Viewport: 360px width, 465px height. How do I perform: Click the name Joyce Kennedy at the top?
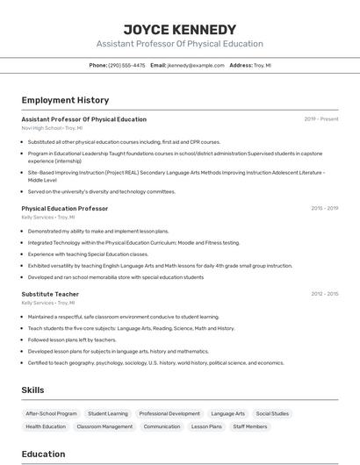[x=179, y=29]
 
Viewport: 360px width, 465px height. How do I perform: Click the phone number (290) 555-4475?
[x=126, y=65]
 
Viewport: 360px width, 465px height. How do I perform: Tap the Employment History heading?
[x=65, y=100]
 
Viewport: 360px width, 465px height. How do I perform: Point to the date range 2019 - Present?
[x=321, y=119]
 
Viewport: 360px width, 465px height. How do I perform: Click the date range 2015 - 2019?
[x=324, y=209]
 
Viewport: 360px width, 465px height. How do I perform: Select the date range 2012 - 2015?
[x=324, y=295]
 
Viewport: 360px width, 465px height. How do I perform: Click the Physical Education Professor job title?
[x=65, y=209]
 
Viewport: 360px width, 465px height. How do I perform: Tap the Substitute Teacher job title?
[x=50, y=295]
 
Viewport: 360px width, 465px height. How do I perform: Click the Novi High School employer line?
[x=53, y=127]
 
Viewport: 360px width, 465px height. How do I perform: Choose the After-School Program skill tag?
[x=51, y=413]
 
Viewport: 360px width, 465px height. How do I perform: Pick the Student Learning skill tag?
[x=108, y=413]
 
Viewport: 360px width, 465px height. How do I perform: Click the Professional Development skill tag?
[x=169, y=413]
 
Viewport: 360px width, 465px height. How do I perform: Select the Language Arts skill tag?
[x=228, y=413]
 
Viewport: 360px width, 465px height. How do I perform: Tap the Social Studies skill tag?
[x=272, y=413]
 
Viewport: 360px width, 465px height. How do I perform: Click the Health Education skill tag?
[x=46, y=426]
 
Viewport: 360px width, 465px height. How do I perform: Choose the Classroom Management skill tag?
[x=104, y=426]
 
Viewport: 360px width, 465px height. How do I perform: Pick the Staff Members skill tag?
[x=250, y=426]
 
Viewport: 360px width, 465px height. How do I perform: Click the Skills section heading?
[x=33, y=390]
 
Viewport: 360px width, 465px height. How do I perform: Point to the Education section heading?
[x=43, y=454]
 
